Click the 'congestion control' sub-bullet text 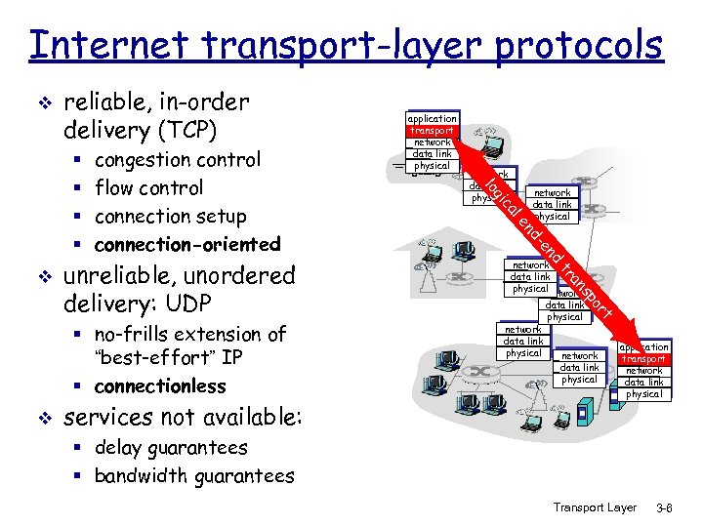[177, 159]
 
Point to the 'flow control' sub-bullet [148, 187]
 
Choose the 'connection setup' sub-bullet [170, 216]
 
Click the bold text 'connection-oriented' [187, 243]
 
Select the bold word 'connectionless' [160, 385]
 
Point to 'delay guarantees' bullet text [171, 448]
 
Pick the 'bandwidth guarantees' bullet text [194, 476]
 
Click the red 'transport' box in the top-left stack [432, 130]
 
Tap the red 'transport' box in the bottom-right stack [643, 359]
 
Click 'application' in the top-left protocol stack [432, 118]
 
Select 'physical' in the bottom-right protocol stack [643, 394]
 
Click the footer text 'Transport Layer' [595, 507]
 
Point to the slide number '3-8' [666, 507]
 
